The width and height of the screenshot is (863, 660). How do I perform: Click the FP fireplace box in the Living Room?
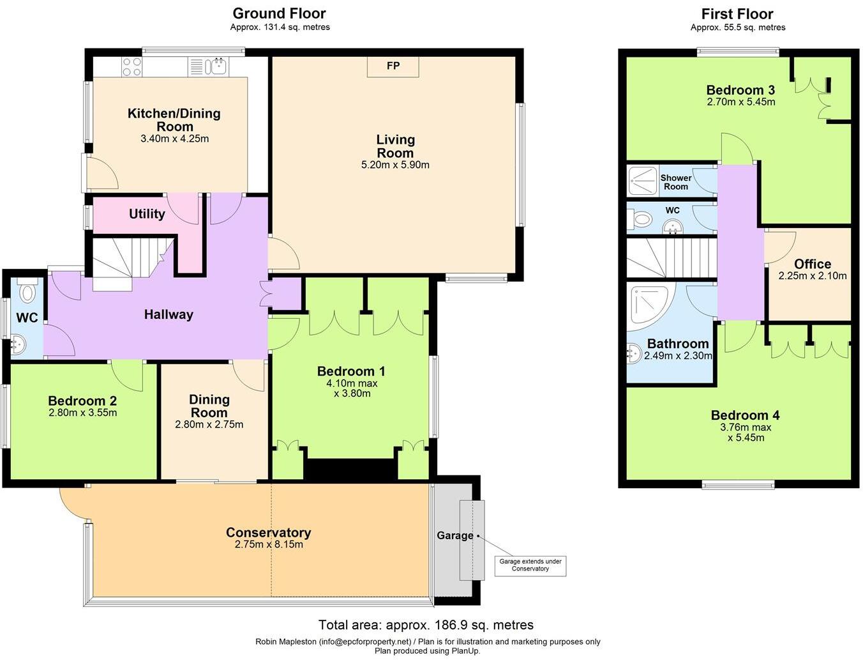pyautogui.click(x=393, y=66)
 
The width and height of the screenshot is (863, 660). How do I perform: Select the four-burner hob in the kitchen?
pyautogui.click(x=132, y=66)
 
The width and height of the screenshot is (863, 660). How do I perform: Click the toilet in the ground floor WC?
pyautogui.click(x=27, y=293)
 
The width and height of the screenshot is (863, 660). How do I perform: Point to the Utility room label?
pyautogui.click(x=147, y=214)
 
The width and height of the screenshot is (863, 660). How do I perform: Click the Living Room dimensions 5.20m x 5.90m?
pyautogui.click(x=395, y=165)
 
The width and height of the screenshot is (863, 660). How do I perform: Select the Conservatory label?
pyautogui.click(x=268, y=532)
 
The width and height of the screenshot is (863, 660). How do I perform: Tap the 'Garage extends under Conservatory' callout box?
pyautogui.click(x=530, y=565)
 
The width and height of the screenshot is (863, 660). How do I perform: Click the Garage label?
pyautogui.click(x=454, y=535)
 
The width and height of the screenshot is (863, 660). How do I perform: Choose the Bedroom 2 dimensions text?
pyautogui.click(x=82, y=413)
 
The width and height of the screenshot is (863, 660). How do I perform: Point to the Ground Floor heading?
pyautogui.click(x=279, y=13)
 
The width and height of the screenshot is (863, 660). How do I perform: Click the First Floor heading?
pyautogui.click(x=737, y=14)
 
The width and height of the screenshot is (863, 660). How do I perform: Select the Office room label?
pyautogui.click(x=812, y=264)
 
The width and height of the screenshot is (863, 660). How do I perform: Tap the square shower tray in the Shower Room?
pyautogui.click(x=642, y=181)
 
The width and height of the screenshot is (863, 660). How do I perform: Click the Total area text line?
pyautogui.click(x=426, y=625)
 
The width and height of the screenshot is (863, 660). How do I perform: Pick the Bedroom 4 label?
pyautogui.click(x=745, y=415)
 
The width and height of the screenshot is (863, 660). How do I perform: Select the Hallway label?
pyautogui.click(x=168, y=314)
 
